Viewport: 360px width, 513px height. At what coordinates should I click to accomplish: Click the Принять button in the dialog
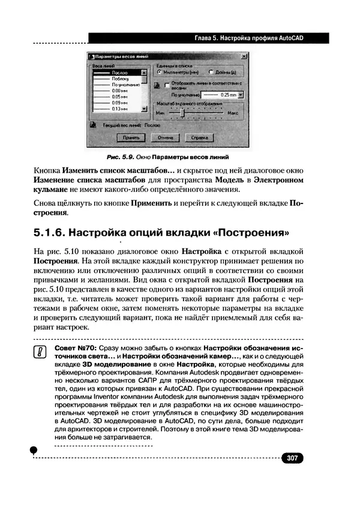(131, 137)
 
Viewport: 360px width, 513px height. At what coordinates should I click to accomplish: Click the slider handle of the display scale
(182, 112)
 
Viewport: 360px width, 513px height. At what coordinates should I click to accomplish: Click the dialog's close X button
(244, 56)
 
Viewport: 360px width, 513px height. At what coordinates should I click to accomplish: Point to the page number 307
(292, 458)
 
